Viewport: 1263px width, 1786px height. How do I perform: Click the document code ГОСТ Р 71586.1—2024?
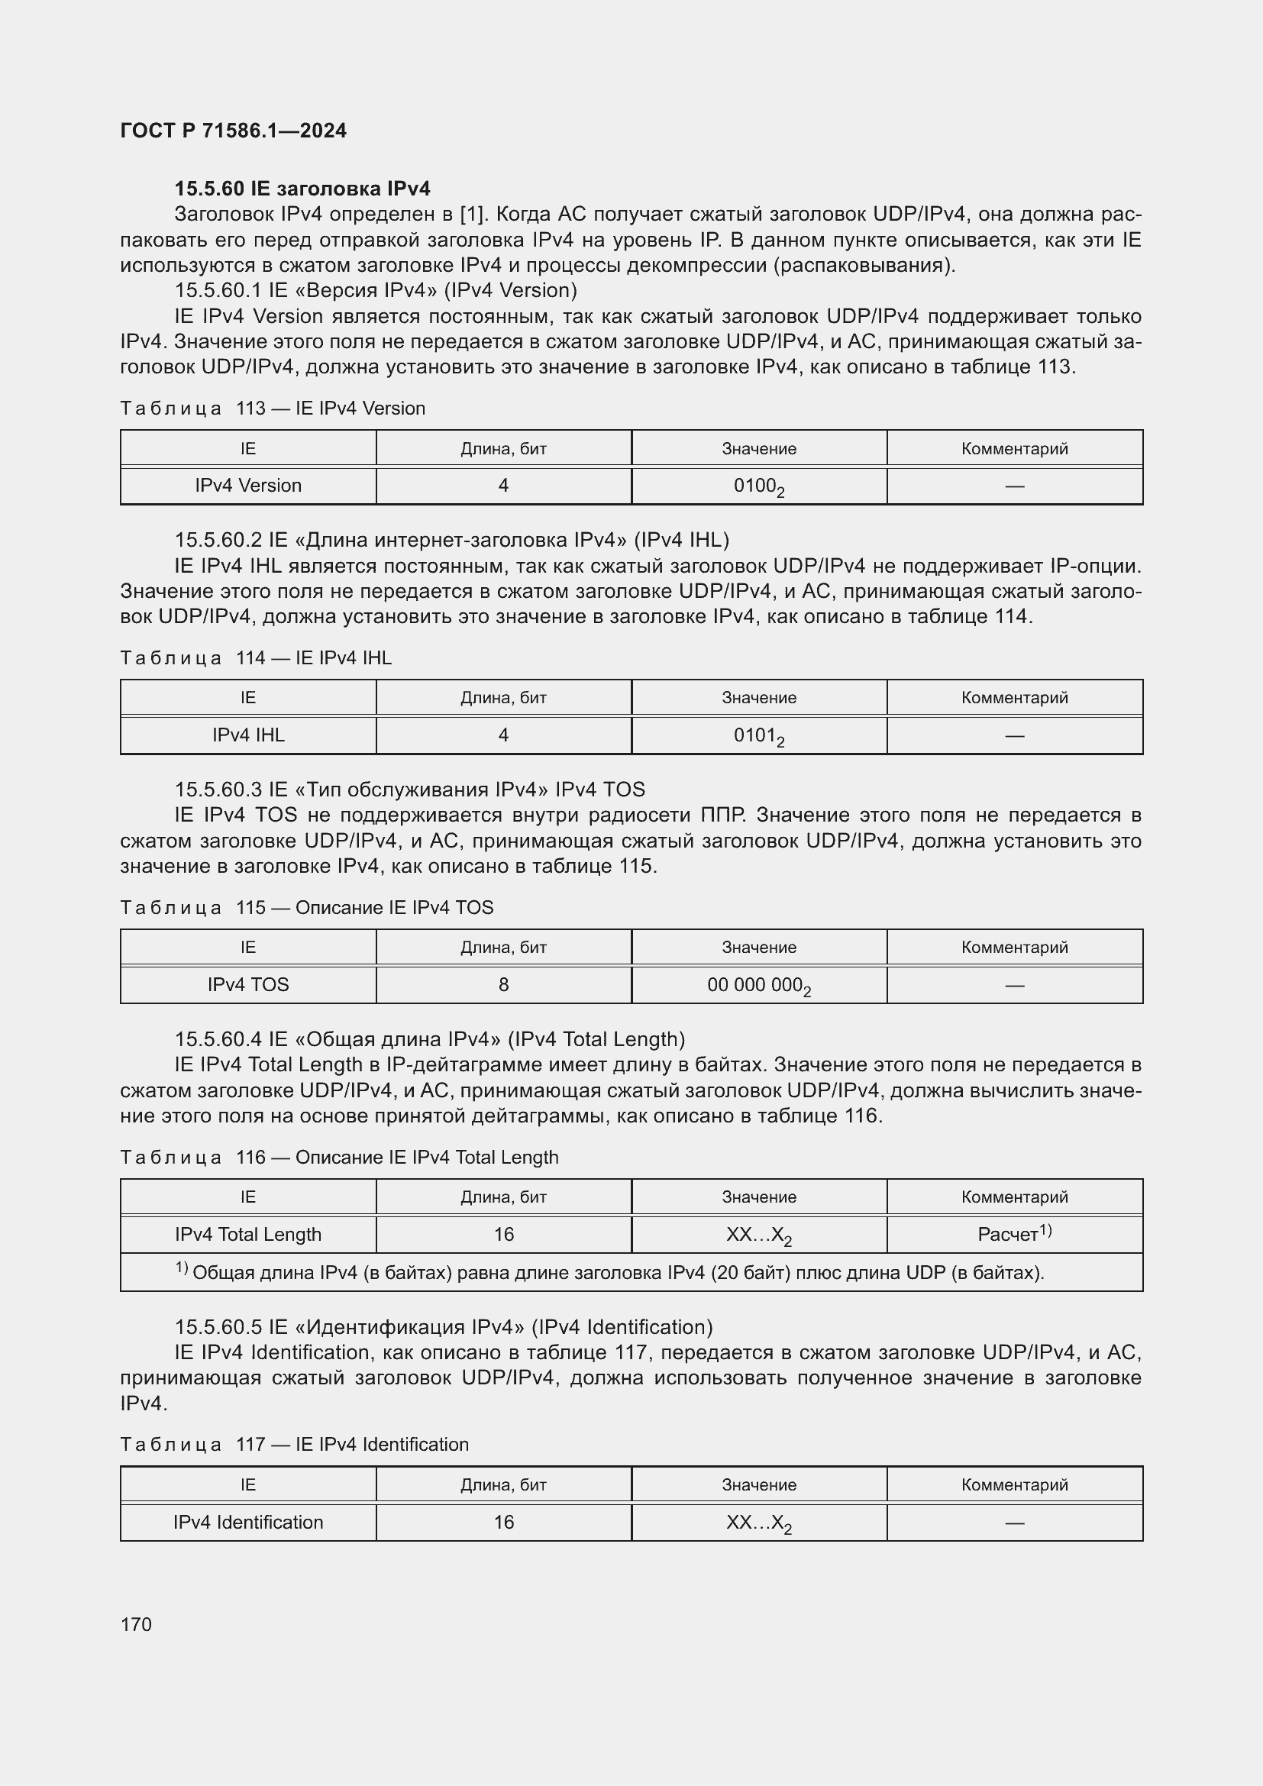[234, 131]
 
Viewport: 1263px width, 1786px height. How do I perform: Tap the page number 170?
[136, 1624]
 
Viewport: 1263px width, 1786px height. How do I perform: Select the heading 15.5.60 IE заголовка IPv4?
[302, 189]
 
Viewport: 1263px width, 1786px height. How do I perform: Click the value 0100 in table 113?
[758, 486]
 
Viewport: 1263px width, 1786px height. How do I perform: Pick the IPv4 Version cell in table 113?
[248, 486]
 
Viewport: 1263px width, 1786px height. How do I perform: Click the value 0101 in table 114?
[758, 736]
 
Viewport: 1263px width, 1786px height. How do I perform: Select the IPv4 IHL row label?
[248, 735]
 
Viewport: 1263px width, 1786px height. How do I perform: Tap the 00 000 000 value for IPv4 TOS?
[758, 986]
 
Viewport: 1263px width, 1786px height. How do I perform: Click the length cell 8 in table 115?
[503, 985]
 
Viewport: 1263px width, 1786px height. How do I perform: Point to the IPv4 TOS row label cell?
[248, 985]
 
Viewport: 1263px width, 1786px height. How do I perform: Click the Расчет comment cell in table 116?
[1014, 1235]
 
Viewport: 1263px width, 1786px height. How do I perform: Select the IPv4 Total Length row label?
[248, 1235]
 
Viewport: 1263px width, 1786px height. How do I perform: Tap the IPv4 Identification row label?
[248, 1523]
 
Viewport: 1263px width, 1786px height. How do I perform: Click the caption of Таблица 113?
[272, 409]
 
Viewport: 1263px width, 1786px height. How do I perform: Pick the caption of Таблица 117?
[294, 1445]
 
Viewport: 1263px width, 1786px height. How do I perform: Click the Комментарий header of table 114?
[1014, 698]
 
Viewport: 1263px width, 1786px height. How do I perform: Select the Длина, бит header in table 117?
[503, 1485]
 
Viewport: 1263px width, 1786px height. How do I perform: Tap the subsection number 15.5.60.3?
[218, 790]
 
